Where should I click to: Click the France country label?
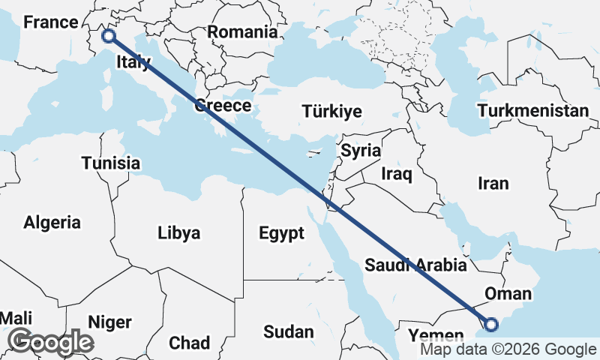click(x=51, y=22)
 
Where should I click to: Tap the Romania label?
click(x=242, y=32)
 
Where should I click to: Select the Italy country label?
click(x=133, y=64)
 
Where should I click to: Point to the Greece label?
click(x=223, y=106)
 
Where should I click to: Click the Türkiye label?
click(x=331, y=112)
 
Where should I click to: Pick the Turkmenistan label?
click(x=532, y=111)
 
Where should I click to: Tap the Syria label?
click(x=361, y=150)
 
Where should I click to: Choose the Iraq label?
click(x=397, y=175)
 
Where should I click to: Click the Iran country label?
click(x=493, y=183)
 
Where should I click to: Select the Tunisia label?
click(x=111, y=163)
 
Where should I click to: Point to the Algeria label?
click(x=52, y=222)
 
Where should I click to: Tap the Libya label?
click(x=179, y=233)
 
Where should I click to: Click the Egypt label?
click(x=281, y=233)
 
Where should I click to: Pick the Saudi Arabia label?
click(x=415, y=265)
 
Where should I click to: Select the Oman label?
click(x=508, y=293)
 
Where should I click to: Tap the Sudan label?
click(x=289, y=331)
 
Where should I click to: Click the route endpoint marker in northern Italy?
click(x=109, y=35)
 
